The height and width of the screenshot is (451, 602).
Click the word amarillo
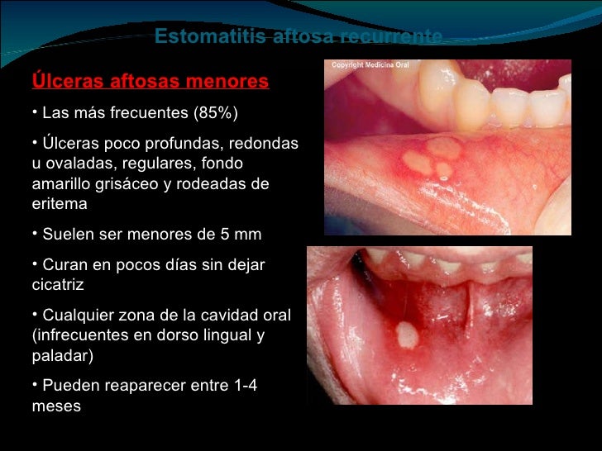(63, 183)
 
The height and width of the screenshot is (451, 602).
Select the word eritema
(59, 203)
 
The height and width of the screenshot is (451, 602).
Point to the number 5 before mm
(220, 235)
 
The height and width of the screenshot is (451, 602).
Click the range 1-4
(240, 387)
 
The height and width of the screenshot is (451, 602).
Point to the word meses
(55, 406)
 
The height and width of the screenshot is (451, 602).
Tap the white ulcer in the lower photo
(407, 335)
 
